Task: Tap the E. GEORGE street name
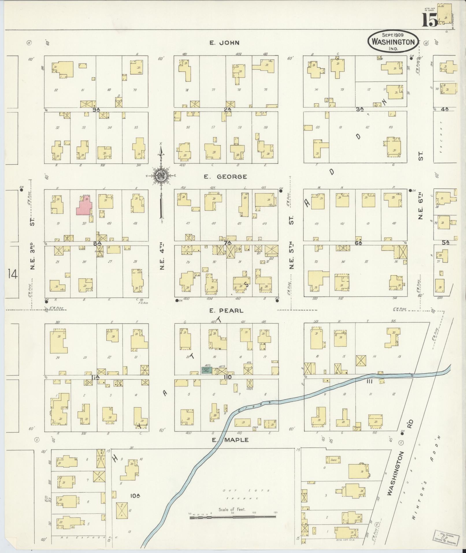pos(225,177)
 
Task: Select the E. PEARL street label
pos(226,311)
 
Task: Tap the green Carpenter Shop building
pos(206,370)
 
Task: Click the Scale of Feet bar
pos(233,517)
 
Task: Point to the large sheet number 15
pos(430,20)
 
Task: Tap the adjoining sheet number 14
pos(13,273)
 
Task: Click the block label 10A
pos(135,496)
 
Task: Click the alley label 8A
pos(97,244)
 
